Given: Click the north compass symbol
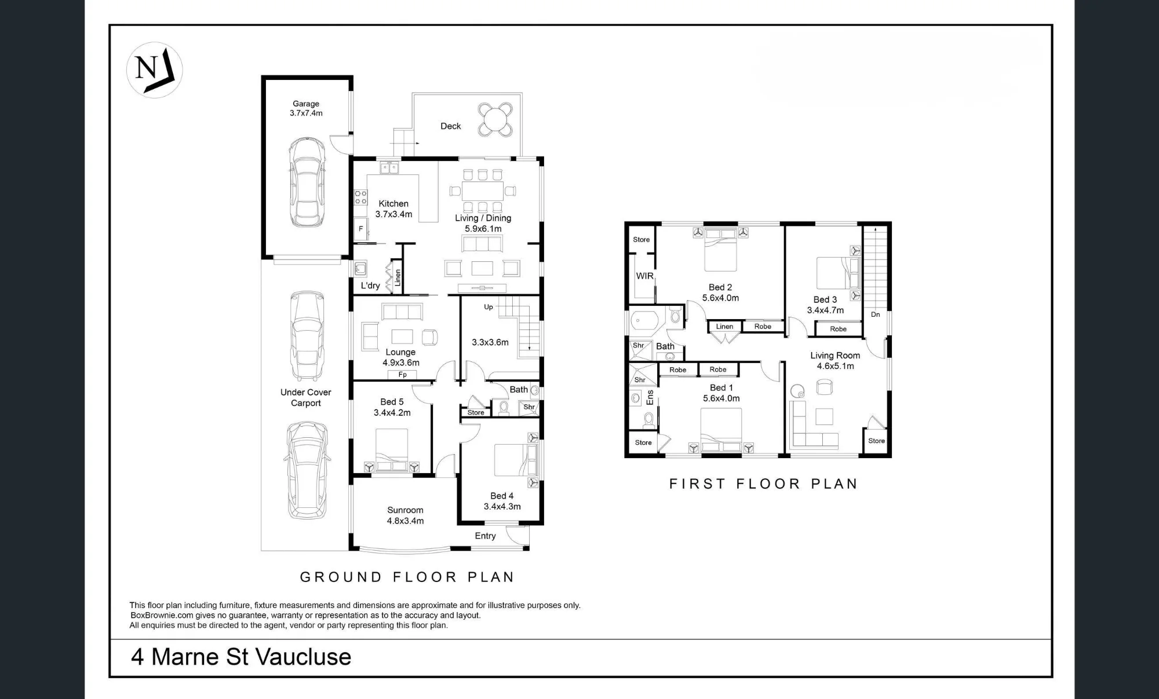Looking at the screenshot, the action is pos(154,70).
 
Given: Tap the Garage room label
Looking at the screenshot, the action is pos(306,108).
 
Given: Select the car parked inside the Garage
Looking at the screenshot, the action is pos(306,182).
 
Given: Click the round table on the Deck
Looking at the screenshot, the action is pos(495,120).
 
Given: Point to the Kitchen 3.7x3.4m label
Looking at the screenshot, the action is pos(393,209).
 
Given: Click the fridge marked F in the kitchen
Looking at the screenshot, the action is pos(360,229).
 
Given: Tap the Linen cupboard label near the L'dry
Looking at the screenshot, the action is pos(398,278).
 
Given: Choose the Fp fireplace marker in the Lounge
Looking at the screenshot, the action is pos(402,375).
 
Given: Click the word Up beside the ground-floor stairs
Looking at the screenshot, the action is pos(489,307).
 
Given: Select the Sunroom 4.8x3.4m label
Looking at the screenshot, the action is pos(405,515).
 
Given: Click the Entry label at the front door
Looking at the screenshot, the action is pos(485,536).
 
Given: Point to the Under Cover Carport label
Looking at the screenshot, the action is pos(306,397).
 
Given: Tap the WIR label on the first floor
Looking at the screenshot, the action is pos(644,276).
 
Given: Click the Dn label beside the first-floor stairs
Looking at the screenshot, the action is pos(875,314).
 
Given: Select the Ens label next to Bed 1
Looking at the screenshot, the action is pos(650,397).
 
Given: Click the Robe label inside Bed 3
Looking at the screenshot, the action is pos(838,329).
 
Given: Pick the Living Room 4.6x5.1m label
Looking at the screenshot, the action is pos(835,361).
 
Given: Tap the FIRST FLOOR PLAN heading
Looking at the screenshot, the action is pos(763,484).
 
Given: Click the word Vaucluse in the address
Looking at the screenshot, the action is pos(303,657).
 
